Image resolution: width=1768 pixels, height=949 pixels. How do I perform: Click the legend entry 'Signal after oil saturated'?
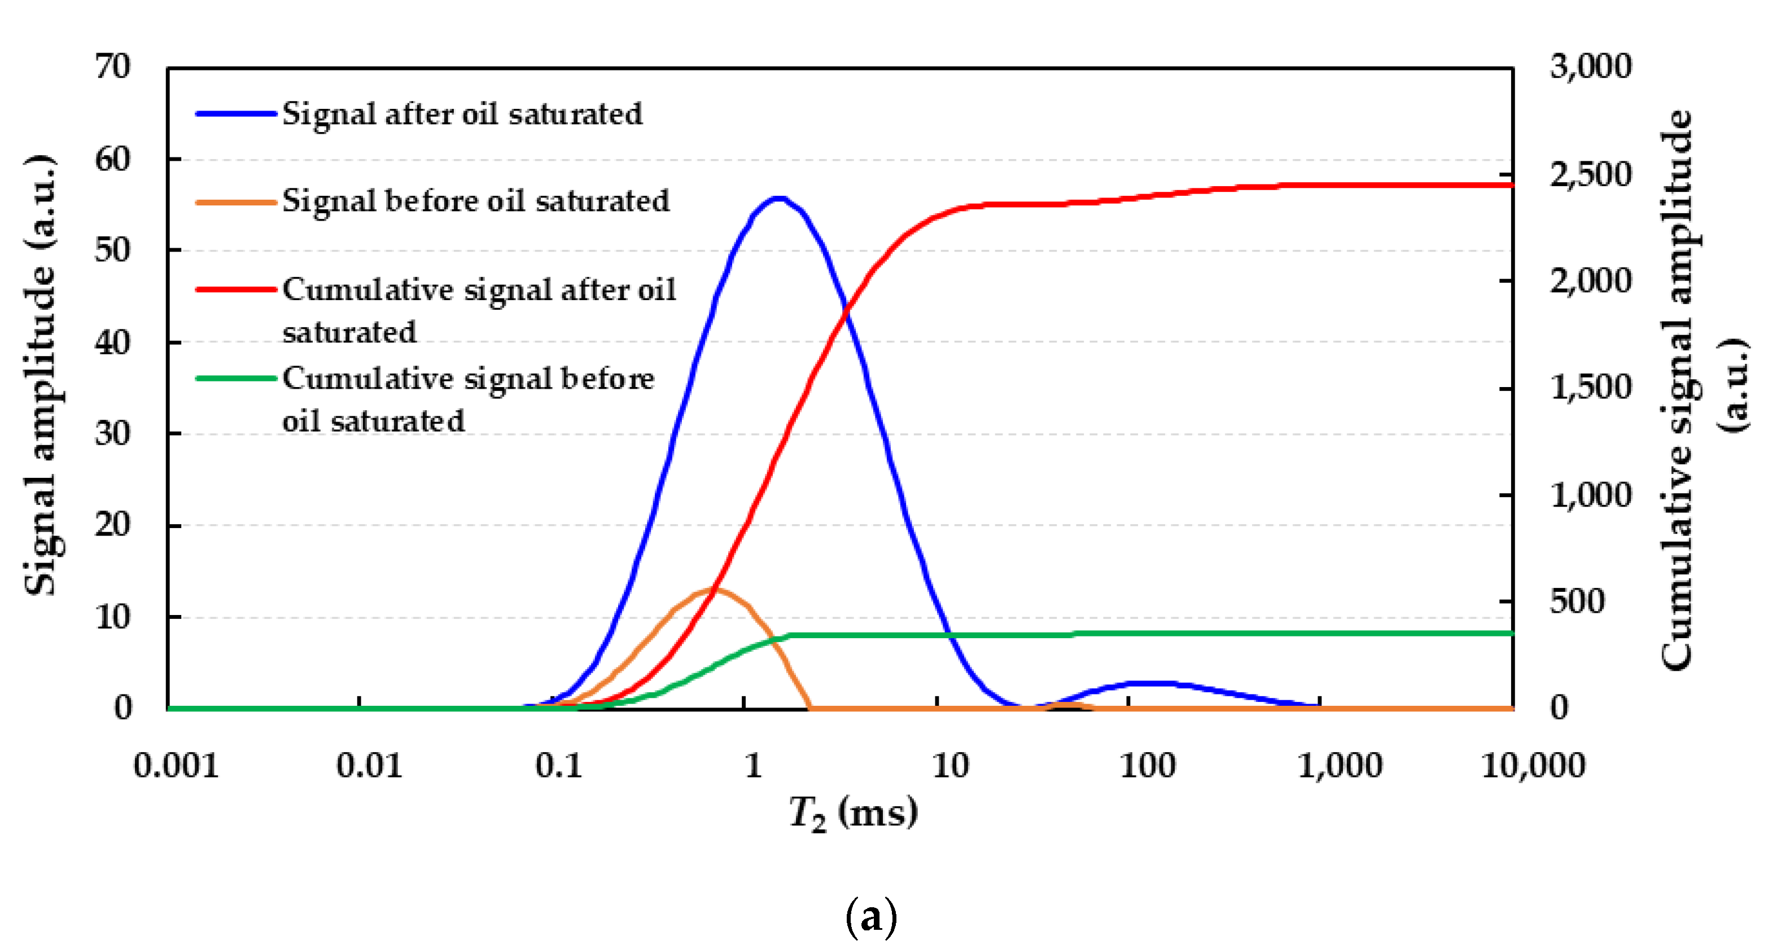(x=462, y=114)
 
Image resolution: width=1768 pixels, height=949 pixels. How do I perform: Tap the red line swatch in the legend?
(x=235, y=289)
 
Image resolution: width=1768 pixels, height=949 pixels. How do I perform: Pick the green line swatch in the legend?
(x=235, y=378)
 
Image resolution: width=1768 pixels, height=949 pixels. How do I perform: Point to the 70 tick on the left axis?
(x=112, y=67)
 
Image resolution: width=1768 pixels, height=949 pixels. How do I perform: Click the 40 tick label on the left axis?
(x=112, y=342)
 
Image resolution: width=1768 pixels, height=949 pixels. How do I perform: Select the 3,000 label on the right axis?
(x=1590, y=67)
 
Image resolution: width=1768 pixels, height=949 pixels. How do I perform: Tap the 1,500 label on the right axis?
(x=1590, y=388)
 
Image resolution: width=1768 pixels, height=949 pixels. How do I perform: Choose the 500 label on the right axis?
(x=1577, y=601)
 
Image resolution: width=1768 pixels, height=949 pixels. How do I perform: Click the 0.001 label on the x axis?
(x=176, y=765)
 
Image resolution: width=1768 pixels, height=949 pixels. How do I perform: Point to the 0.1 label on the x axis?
(x=559, y=765)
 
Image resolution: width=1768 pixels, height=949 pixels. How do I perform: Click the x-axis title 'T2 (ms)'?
(x=853, y=814)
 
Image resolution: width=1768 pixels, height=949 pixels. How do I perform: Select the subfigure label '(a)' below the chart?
(x=870, y=917)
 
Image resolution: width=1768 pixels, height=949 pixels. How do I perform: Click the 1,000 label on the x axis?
(x=1340, y=765)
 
